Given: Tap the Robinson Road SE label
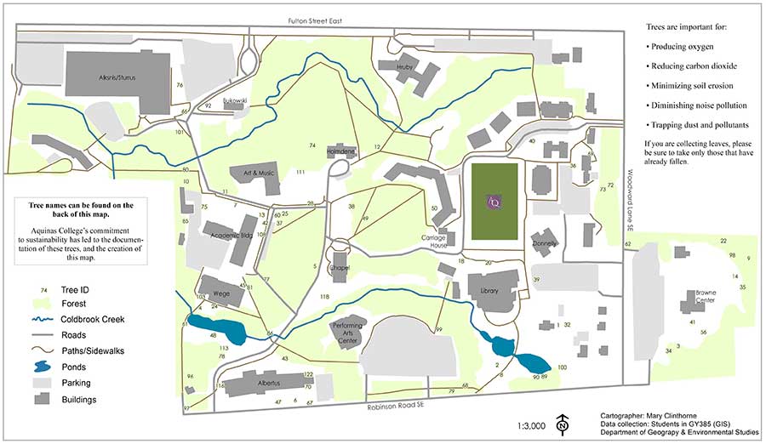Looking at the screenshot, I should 394,407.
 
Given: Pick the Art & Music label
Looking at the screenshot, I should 258,172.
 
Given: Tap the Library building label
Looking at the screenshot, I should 489,291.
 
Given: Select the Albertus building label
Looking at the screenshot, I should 264,384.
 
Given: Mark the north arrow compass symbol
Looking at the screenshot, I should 562,424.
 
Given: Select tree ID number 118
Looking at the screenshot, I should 324,295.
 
